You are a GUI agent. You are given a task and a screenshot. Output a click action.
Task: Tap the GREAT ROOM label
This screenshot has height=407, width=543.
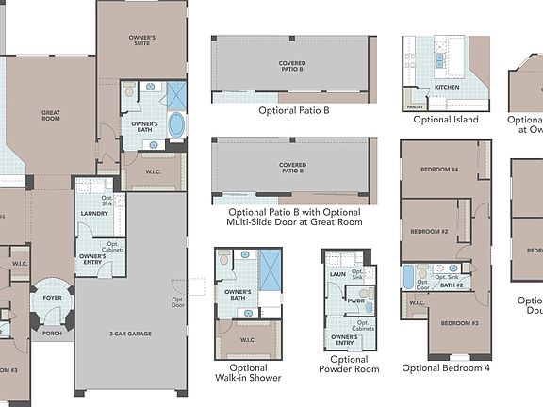click(x=51, y=115)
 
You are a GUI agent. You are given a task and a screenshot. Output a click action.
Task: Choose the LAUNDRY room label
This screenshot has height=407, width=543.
click(x=93, y=213)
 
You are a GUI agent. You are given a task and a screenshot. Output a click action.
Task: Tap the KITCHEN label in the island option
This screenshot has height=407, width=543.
click(x=446, y=88)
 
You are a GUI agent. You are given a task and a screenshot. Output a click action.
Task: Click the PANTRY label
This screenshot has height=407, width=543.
click(x=414, y=107)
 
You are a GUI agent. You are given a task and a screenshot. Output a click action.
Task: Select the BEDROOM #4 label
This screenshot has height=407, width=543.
click(x=439, y=170)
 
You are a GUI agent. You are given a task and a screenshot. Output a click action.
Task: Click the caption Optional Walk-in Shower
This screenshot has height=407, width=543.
click(x=248, y=374)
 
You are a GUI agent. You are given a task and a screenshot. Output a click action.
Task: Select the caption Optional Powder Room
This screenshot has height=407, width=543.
click(x=349, y=366)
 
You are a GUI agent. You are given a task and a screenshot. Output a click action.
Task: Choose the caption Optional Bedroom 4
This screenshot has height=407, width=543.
click(x=446, y=368)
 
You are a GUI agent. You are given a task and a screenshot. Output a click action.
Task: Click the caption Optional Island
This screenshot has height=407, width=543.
click(x=446, y=120)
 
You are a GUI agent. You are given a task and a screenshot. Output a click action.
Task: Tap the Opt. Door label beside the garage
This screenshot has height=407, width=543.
click(x=178, y=302)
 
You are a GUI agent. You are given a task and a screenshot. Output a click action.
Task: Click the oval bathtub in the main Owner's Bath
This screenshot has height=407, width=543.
click(x=175, y=124)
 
